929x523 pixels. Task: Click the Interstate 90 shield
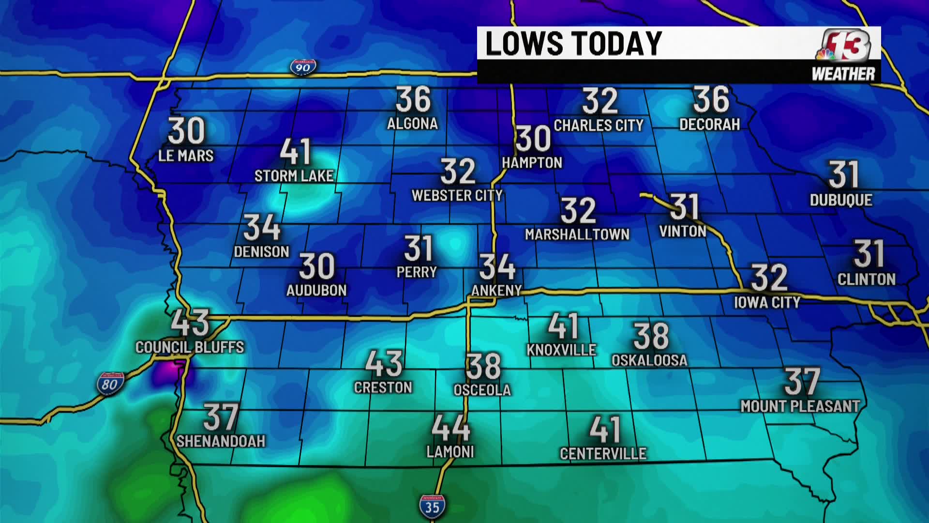coord(303,67)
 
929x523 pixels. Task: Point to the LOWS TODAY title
coord(573,44)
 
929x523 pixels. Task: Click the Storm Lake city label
coord(294,176)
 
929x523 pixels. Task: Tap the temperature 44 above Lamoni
coord(450,428)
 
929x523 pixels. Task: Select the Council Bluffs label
coord(190,347)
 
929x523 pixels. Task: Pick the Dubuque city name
coord(841,200)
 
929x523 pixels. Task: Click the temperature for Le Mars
coord(186,131)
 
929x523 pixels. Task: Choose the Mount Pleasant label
coord(800,406)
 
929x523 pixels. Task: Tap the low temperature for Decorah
coord(710,100)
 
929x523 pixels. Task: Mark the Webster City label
coord(457,196)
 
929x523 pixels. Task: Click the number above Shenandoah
coord(221,417)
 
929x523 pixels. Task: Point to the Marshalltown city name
coord(577,235)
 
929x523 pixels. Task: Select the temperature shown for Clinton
coord(869,254)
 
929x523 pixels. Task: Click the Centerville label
coord(603,454)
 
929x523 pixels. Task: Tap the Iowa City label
coord(767,303)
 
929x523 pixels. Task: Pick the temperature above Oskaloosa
coord(651,336)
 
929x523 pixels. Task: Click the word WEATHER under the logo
coord(843,74)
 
